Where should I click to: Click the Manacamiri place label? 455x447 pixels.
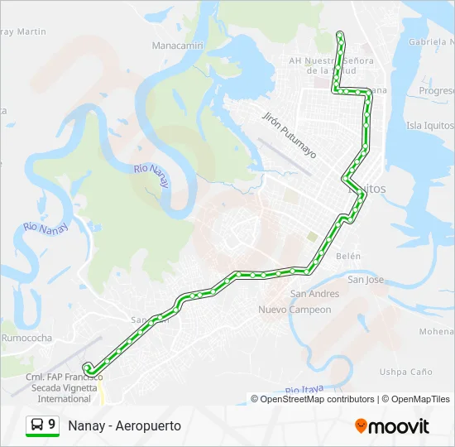[177, 45]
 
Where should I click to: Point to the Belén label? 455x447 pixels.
[348, 257]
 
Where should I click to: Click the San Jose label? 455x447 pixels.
[366, 280]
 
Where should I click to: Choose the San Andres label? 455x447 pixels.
[314, 294]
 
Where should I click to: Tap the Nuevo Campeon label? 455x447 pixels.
[295, 310]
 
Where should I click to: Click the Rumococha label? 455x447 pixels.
[26, 338]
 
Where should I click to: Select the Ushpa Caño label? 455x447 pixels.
[405, 372]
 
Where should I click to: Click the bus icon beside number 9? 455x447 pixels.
[37, 425]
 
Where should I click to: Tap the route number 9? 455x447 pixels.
[52, 425]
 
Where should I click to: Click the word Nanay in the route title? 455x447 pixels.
[86, 425]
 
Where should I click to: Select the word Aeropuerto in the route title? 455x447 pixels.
[149, 425]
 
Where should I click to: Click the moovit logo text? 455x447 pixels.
[399, 426]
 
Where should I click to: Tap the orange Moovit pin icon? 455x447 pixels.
[361, 426]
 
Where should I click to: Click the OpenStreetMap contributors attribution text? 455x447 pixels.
[317, 399]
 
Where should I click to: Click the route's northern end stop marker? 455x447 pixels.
[340, 34]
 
